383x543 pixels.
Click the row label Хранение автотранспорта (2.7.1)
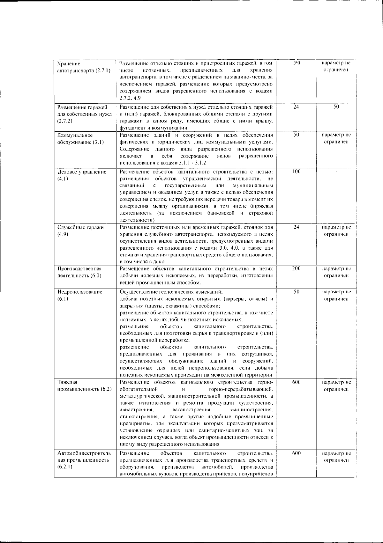tap(84, 67)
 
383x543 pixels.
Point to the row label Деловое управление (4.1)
tap(82, 175)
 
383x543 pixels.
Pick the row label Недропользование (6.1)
tap(79, 295)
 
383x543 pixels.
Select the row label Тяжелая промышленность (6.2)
tap(84, 385)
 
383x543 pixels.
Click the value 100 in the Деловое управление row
tap(296, 172)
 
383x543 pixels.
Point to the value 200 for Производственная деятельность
tap(296, 268)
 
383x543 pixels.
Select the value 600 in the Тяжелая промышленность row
tap(296, 382)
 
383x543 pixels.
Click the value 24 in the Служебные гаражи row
tap(296, 227)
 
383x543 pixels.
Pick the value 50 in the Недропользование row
tap(296, 292)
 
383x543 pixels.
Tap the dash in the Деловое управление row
tap(336, 172)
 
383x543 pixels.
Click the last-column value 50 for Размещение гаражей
tap(336, 107)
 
